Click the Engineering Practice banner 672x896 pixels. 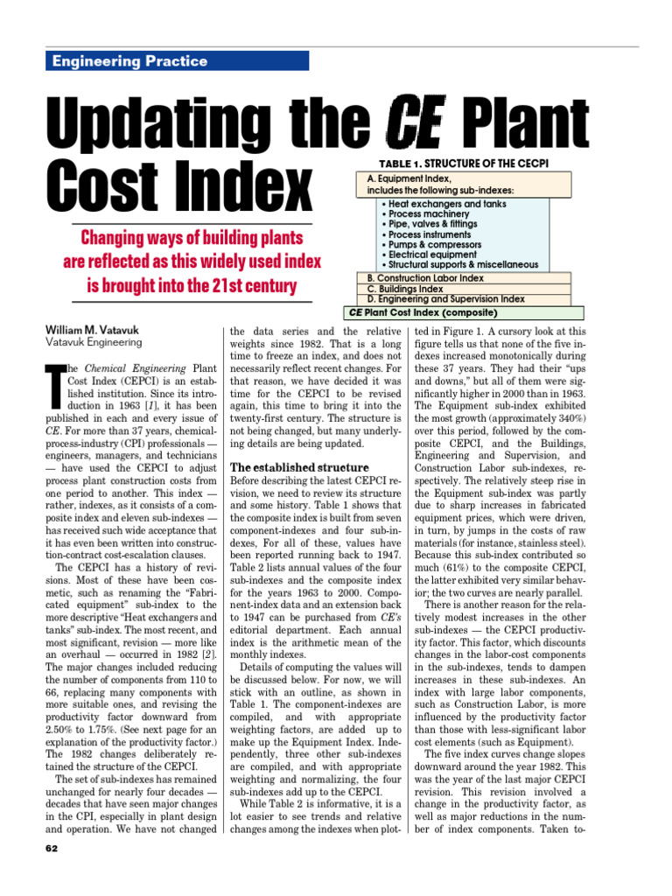tap(175, 60)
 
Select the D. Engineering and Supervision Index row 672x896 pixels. tap(446, 299)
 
